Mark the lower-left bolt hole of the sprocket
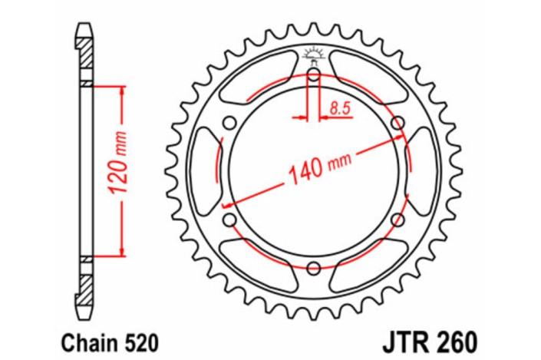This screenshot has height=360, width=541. point(229,220)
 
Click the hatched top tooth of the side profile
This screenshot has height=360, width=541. point(84,50)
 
